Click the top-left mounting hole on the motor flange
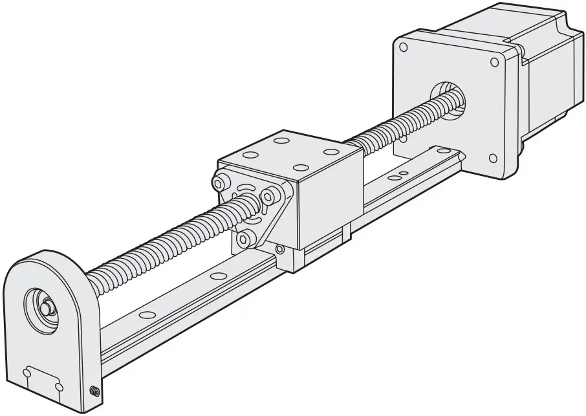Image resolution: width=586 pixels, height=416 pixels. tap(404, 47)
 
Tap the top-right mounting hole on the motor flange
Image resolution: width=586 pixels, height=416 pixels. tap(495, 62)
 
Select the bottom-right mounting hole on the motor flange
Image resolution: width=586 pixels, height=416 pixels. tap(494, 158)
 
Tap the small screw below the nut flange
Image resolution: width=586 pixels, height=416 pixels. tap(279, 248)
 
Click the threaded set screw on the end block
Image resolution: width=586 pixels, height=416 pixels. tap(95, 391)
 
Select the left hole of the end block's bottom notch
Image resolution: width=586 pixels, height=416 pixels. tap(28, 372)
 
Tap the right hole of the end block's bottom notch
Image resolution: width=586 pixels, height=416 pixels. tap(60, 386)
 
